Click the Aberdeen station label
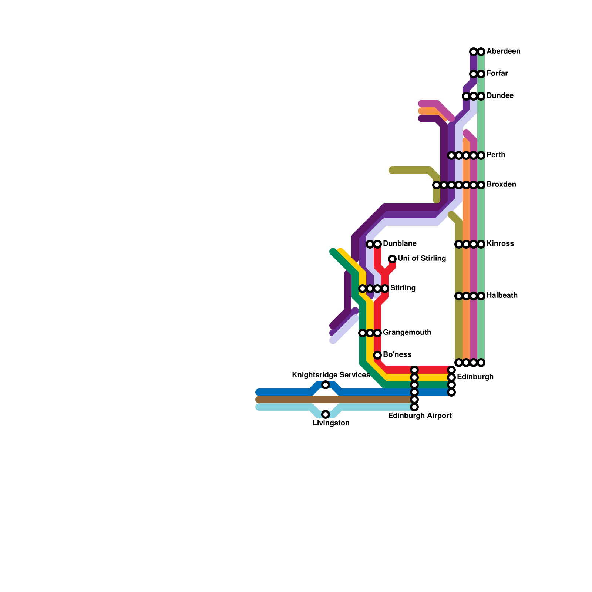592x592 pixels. pos(503,51)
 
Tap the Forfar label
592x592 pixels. pos(497,74)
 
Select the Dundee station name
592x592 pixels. pos(499,96)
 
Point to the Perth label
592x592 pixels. pos(496,155)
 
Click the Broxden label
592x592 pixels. pos(501,185)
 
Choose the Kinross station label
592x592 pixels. pos(500,244)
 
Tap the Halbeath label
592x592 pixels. pos(502,296)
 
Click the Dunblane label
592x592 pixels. pos(400,244)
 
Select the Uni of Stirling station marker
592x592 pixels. pos(392,259)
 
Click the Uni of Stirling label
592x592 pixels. pos(421,259)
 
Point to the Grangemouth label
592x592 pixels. pos(407,333)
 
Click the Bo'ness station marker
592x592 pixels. pos(377,355)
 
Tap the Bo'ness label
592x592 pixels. pos(397,355)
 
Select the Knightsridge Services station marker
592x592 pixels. pos(326,385)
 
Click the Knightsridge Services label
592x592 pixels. pos(331,375)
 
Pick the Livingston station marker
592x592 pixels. pos(326,414)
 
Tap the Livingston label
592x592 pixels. pos(331,423)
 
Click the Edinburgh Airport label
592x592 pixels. pos(420,416)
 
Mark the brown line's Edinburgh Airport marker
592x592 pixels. pos(414,400)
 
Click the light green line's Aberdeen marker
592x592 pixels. pos(481,51)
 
